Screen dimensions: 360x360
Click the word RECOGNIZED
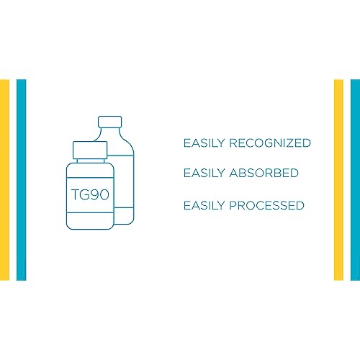coord(270,143)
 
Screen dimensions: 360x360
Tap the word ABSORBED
coord(264,173)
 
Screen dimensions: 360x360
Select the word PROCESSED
coord(267,205)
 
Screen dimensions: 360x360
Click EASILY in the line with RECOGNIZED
coord(204,143)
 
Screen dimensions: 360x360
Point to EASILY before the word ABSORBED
coord(204,173)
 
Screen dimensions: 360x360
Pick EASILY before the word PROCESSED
coord(204,205)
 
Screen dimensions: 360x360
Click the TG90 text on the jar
coord(90,194)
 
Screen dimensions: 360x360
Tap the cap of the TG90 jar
coord(90,150)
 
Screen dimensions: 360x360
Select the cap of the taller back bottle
coord(110,122)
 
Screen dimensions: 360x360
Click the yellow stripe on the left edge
coord(4,180)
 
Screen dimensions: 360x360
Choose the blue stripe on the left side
coord(21,180)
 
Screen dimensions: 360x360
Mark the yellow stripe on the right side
coord(338,180)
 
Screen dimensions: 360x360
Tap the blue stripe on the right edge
coord(355,180)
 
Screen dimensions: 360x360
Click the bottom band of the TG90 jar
coord(90,221)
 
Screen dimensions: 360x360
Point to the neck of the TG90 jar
coord(91,161)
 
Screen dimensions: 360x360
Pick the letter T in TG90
coord(76,194)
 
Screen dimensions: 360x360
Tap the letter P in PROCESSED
coord(233,205)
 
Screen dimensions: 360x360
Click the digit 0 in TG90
coord(104,194)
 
